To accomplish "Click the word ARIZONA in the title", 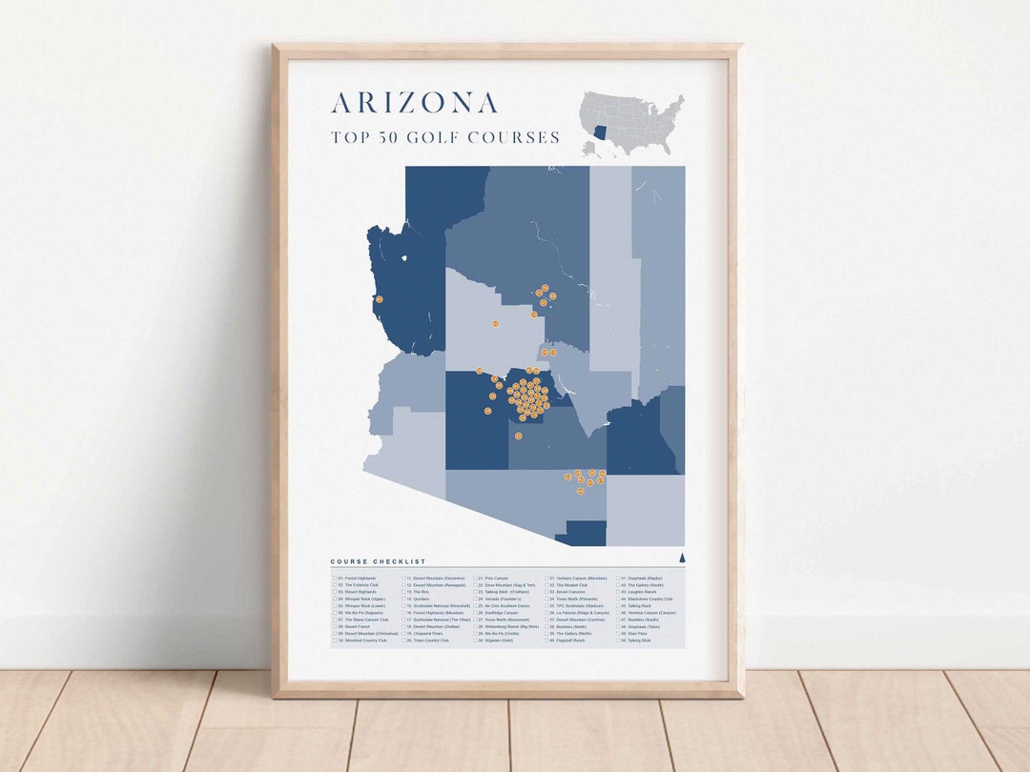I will pyautogui.click(x=414, y=103).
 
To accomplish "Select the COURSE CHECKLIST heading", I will pyautogui.click(x=378, y=561).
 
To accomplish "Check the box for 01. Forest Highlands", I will pyautogui.click(x=335, y=579).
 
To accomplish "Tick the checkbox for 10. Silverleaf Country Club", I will pyautogui.click(x=335, y=641).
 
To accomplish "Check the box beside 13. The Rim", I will pyautogui.click(x=404, y=592).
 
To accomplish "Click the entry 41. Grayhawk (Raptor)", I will pyautogui.click(x=648, y=579).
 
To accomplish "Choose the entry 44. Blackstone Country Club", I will pyautogui.click(x=653, y=599).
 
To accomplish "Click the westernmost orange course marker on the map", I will pyautogui.click(x=379, y=299).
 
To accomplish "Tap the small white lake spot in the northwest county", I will pyautogui.click(x=404, y=257).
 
